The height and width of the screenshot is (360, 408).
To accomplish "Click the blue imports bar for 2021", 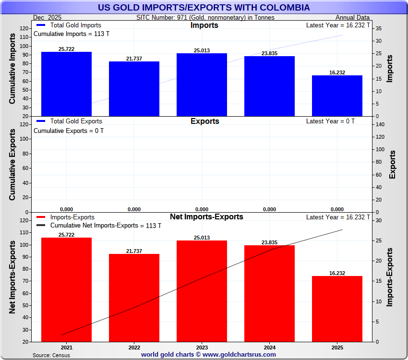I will [66, 84].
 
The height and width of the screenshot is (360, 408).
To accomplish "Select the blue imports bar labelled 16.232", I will [337, 96].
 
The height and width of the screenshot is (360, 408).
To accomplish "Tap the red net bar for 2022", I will [134, 298].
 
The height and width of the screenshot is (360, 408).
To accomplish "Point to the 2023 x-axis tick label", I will [202, 348].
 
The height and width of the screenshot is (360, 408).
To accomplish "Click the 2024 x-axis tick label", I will [269, 348].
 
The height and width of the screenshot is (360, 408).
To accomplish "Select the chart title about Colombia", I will [204, 8].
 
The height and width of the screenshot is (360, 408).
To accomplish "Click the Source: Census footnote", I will [51, 355].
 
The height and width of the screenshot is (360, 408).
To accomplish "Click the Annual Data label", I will [352, 18].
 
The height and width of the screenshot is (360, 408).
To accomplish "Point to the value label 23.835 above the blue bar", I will [269, 53].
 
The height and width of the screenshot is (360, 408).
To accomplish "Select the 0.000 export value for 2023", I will [202, 209].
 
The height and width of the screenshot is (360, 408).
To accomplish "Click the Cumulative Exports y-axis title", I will [12, 165].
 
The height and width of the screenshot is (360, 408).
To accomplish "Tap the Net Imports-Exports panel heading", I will [206, 217].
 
